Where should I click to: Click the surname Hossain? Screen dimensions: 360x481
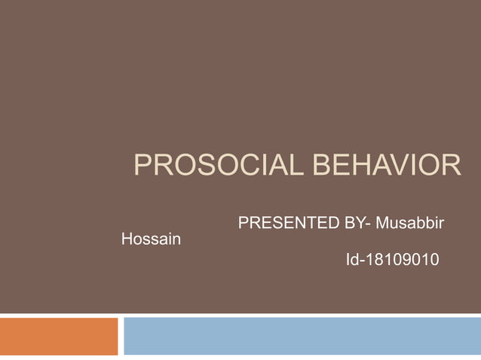[151, 240]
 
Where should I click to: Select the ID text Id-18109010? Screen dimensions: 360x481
[393, 261]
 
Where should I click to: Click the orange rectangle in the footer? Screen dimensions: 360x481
[59, 336]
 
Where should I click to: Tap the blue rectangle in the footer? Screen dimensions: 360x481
[302, 336]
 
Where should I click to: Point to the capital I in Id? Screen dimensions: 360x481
[348, 261]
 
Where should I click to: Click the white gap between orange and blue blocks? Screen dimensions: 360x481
[121, 336]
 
